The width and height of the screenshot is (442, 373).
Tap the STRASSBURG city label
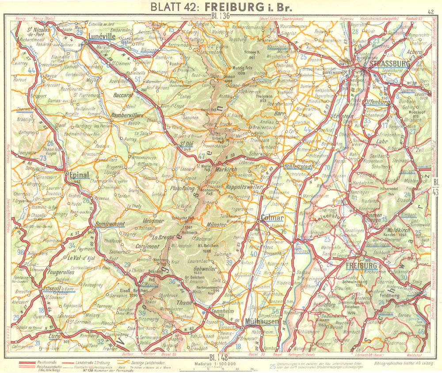[391, 63]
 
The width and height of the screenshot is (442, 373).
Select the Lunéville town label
[102, 37]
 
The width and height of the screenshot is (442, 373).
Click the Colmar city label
[272, 218]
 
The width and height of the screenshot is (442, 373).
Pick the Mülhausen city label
[261, 322]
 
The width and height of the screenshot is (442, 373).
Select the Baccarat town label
[122, 95]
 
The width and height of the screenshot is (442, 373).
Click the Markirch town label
[227, 169]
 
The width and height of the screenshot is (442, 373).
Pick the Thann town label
[183, 303]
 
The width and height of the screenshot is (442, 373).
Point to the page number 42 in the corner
[431, 12]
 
